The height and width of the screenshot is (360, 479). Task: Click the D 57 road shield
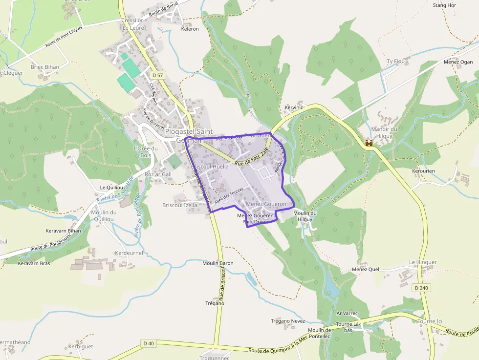click(157, 75)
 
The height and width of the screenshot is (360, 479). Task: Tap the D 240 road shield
click(421, 288)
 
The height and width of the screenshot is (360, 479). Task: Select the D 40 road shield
click(149, 343)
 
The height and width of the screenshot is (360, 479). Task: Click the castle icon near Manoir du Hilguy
click(370, 143)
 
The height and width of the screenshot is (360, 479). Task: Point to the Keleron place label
click(190, 29)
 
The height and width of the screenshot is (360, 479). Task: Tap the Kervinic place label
click(294, 107)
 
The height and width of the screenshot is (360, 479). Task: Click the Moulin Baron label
click(218, 263)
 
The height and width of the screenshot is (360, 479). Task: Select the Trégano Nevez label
click(288, 321)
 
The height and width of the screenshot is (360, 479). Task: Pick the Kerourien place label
click(423, 171)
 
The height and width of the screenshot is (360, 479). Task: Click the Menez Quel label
click(366, 269)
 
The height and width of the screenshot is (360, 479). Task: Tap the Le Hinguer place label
click(423, 262)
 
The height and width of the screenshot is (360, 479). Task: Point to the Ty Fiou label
click(396, 61)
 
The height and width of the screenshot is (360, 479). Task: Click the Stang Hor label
click(444, 5)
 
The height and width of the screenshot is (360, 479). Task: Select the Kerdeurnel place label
click(128, 253)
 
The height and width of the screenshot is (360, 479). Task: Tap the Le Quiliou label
click(111, 187)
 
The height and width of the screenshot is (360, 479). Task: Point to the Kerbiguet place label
click(81, 346)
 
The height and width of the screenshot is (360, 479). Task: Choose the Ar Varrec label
click(347, 313)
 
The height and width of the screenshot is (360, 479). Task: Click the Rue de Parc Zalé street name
click(252, 160)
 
